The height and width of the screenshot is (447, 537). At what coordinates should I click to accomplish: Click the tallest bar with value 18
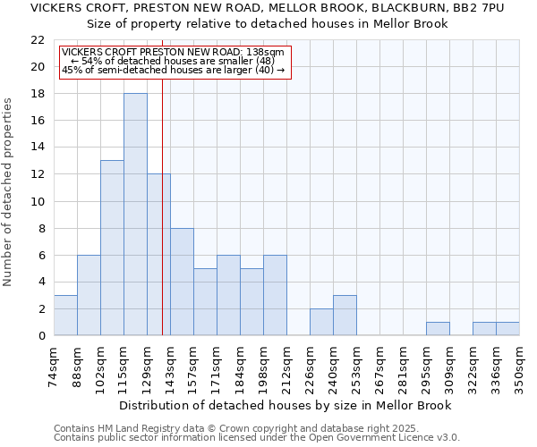[x=135, y=215]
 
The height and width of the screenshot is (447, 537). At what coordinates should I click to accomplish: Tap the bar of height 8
[x=182, y=282]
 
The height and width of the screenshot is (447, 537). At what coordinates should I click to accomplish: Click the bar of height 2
[x=321, y=322]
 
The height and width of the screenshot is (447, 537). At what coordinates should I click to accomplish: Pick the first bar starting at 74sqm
[x=65, y=315]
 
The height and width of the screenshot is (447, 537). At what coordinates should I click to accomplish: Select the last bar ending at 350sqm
[x=507, y=328]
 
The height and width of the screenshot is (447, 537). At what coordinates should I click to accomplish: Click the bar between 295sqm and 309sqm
[x=438, y=328]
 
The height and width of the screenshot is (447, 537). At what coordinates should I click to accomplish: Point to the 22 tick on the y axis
[x=38, y=40]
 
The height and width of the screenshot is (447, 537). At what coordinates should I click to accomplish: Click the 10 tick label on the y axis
[x=38, y=201]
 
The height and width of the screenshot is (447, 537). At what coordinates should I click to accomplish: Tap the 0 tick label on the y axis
[x=41, y=335]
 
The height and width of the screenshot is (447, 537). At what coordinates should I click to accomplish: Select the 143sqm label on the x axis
[x=170, y=367]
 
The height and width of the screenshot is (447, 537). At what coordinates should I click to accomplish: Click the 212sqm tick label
[x=286, y=367]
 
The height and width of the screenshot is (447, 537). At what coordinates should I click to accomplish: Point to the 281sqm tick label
[x=403, y=367]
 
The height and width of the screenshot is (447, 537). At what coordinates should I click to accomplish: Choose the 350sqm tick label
[x=519, y=367]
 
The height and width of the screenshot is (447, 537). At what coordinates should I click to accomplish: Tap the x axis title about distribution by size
[x=285, y=405]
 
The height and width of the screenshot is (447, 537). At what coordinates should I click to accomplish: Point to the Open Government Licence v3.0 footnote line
[x=257, y=437]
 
